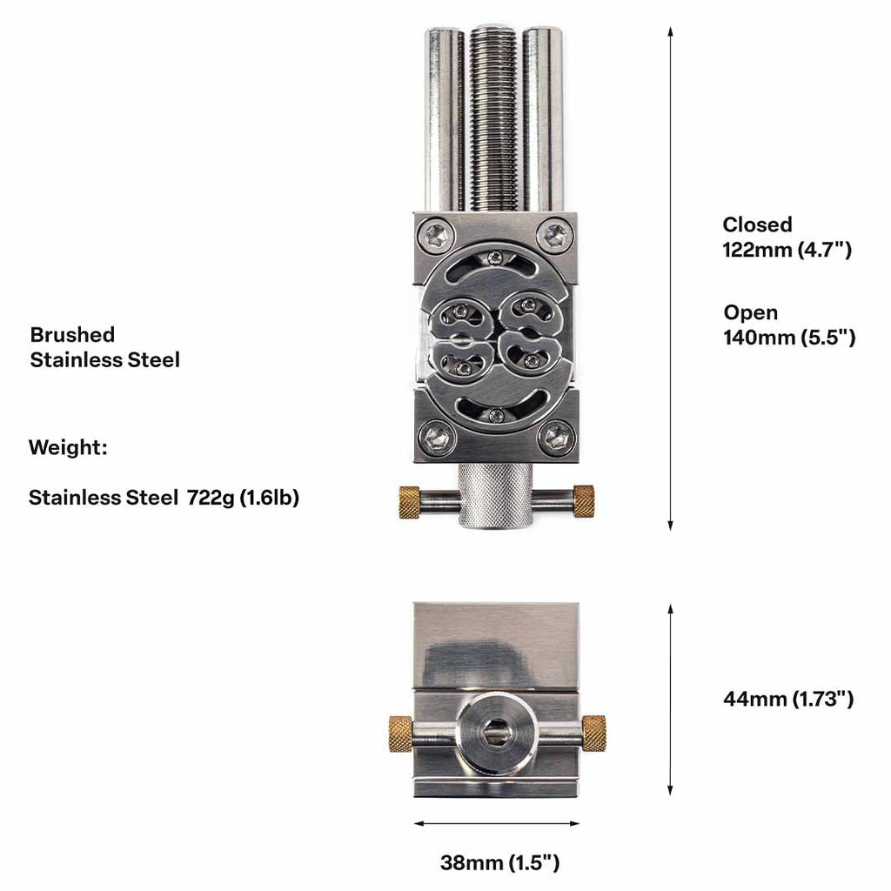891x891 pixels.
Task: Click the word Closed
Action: click(x=757, y=224)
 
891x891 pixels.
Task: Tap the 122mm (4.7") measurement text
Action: click(x=787, y=250)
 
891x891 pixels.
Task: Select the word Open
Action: click(x=751, y=313)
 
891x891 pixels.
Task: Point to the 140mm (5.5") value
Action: click(x=789, y=338)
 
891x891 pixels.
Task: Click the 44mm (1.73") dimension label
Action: click(x=788, y=699)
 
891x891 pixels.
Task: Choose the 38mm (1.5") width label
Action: click(x=499, y=862)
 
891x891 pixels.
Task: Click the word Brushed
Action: click(x=72, y=335)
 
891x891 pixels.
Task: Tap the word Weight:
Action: click(x=68, y=447)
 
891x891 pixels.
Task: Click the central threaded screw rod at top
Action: click(x=493, y=119)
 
